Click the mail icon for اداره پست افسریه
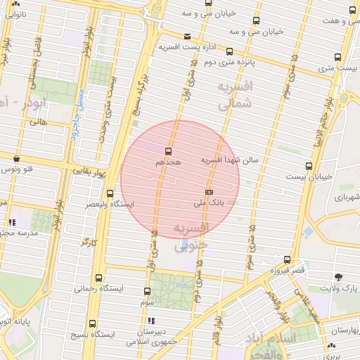pyautogui.click(x=187, y=37)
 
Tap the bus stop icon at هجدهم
pyautogui.click(x=168, y=150)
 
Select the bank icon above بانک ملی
pyautogui.click(x=209, y=191)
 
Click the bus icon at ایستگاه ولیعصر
pyautogui.click(x=110, y=193)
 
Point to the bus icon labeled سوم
pyautogui.click(x=147, y=291)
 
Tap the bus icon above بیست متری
pyautogui.click(x=338, y=57)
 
